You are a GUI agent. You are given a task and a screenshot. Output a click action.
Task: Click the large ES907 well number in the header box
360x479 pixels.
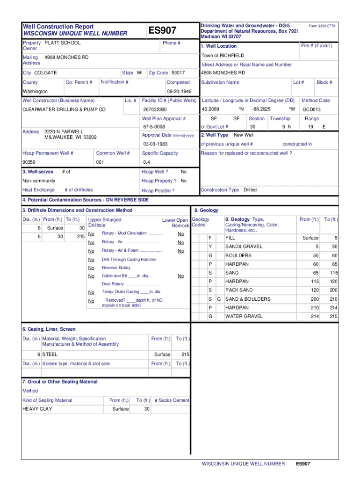point(162,31)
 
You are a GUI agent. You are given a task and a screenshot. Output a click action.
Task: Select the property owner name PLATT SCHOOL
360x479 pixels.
point(62,43)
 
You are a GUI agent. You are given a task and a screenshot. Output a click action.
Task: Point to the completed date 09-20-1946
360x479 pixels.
point(176,92)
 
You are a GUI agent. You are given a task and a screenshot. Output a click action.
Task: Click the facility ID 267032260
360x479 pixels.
point(155,109)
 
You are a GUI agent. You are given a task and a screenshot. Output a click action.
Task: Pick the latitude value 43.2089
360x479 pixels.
point(210,109)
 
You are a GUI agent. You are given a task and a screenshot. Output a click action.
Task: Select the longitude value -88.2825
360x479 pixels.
point(261,109)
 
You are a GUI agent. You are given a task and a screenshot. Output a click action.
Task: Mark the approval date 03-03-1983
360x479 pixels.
point(155,144)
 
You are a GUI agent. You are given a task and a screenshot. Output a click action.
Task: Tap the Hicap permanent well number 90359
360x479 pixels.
point(29,162)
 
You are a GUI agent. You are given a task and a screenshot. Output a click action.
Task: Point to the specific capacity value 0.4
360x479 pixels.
point(146,162)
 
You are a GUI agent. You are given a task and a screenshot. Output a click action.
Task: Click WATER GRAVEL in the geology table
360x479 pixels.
point(244,317)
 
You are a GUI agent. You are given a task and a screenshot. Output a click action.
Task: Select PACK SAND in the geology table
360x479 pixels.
point(239,290)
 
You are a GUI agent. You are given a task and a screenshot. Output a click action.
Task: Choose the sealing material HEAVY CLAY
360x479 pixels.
point(37,409)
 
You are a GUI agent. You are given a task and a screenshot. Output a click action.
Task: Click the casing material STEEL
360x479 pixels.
point(50,355)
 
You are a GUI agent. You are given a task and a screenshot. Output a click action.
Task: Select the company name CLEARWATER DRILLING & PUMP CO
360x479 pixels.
point(64,109)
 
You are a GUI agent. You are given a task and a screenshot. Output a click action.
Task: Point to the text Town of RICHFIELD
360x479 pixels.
point(223,56)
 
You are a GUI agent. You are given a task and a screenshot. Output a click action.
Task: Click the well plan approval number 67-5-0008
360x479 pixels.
point(154,127)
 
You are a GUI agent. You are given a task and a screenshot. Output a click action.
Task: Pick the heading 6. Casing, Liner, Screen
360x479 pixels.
point(49,329)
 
